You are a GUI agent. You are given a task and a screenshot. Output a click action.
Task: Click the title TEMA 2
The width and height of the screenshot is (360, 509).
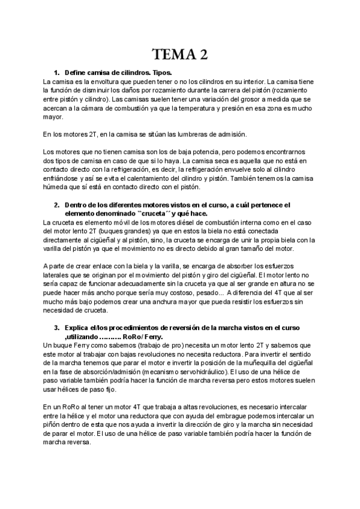[180, 55]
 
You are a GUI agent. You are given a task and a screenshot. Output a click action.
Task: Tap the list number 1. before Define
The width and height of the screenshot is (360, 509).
[57, 71]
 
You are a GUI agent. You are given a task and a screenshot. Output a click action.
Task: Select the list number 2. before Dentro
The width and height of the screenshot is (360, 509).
[57, 204]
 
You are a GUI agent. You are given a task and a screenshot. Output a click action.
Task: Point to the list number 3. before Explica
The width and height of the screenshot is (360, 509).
[57, 327]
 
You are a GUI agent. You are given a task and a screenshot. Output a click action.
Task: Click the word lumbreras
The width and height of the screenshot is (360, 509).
[194, 134]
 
